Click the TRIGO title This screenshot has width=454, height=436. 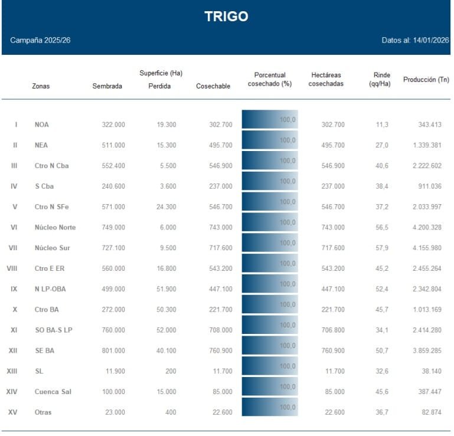[226, 17]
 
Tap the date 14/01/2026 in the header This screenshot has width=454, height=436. [432, 41]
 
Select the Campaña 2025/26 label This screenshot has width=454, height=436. [40, 41]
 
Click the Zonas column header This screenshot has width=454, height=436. [41, 86]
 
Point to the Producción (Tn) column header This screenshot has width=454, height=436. [426, 80]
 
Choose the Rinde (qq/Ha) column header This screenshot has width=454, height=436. [382, 80]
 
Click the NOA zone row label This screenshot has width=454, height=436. [42, 124]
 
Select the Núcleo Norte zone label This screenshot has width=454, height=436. [55, 228]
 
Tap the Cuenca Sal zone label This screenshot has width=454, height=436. [53, 392]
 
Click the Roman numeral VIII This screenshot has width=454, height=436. [12, 268]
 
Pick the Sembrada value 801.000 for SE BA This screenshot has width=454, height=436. [112, 350]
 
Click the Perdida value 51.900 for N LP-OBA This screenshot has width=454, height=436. [164, 289]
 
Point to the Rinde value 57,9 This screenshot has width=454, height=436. [382, 248]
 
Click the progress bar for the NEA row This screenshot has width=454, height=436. [270, 140]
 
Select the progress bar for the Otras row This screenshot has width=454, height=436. [270, 407]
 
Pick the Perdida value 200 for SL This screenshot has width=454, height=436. [171, 371]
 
